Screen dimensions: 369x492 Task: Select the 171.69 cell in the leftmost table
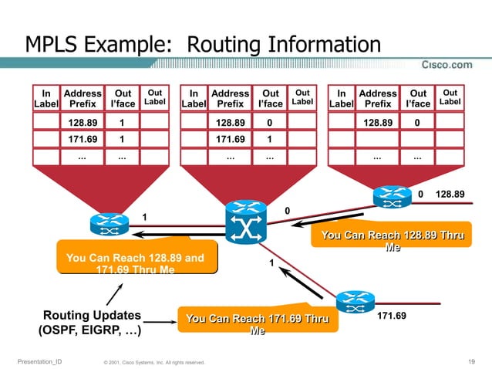pyautogui.click(x=82, y=140)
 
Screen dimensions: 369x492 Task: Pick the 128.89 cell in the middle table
pyautogui.click(x=230, y=122)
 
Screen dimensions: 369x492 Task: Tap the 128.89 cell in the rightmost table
pyautogui.click(x=378, y=122)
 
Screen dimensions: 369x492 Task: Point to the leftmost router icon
pyautogui.click(x=106, y=224)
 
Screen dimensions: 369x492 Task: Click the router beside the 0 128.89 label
pyautogui.click(x=391, y=196)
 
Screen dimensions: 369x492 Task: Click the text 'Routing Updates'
pyautogui.click(x=92, y=316)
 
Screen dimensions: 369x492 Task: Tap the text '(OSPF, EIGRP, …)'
pyautogui.click(x=89, y=332)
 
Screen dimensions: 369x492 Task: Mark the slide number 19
pyautogui.click(x=471, y=361)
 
